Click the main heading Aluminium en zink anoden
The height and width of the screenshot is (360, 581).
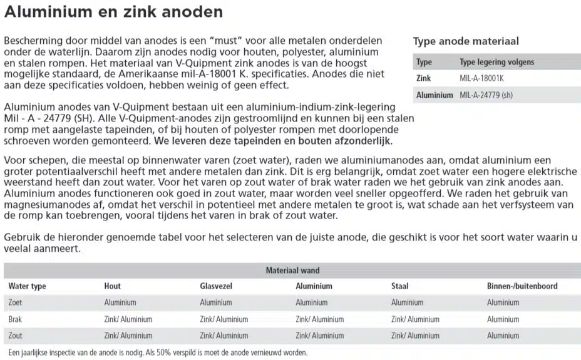click(113, 12)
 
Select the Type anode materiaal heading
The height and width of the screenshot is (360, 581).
click(466, 42)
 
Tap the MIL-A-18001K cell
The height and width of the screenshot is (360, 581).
click(482, 78)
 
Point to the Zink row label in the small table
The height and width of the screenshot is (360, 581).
click(424, 78)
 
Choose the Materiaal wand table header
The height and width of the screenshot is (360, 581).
click(292, 270)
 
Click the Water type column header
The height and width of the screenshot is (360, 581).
click(27, 286)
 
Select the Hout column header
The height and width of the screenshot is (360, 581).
click(113, 286)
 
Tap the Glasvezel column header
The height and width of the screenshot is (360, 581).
click(216, 286)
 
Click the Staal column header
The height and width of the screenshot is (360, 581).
click(399, 286)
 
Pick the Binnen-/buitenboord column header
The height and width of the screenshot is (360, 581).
click(522, 286)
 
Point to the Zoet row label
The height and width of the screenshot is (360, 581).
click(15, 302)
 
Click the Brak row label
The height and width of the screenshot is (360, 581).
click(15, 319)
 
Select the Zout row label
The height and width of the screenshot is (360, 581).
click(16, 336)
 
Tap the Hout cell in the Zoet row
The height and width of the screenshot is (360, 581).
click(120, 302)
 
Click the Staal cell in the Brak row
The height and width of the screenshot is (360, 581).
click(415, 319)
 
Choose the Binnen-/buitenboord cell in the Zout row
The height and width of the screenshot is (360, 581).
click(503, 336)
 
